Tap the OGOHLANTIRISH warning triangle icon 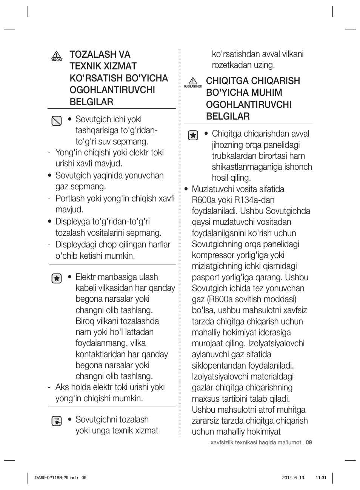193,81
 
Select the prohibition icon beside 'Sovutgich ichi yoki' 56,121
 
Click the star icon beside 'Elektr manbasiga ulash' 56,278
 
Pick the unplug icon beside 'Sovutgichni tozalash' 56,421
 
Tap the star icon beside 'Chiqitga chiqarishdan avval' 193,135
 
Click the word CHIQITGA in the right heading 227,81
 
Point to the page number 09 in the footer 309,443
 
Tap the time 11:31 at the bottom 320,478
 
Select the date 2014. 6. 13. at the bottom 294,478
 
